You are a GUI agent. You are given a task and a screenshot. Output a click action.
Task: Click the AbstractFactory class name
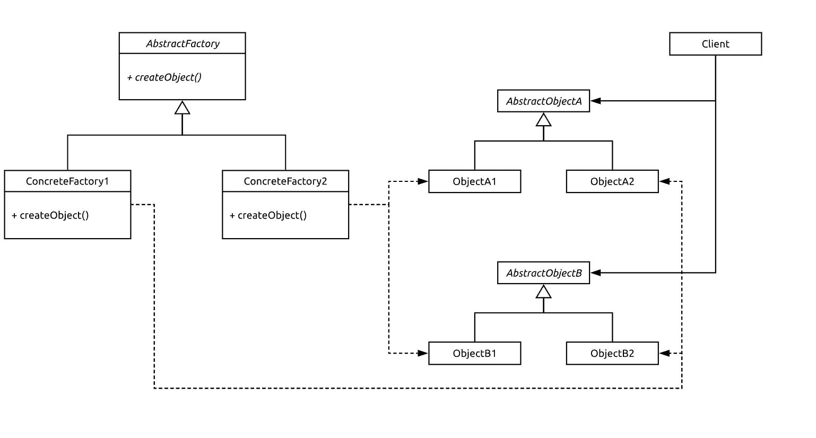pos(183,43)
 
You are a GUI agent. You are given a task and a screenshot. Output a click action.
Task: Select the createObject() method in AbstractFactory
pos(164,77)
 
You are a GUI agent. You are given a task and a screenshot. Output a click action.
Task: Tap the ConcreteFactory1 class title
pos(67,181)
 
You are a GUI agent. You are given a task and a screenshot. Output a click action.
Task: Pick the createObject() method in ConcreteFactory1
pos(50,215)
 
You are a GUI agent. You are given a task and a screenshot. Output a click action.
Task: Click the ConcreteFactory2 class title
pos(285,181)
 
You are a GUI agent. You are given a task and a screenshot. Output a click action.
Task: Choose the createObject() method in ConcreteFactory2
pos(268,215)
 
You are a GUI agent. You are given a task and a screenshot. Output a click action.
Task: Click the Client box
pos(715,44)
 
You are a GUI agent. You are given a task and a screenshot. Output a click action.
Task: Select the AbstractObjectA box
pos(543,101)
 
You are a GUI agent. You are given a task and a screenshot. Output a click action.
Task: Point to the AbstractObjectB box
pos(543,273)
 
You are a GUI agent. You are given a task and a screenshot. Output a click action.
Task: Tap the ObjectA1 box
pos(474,181)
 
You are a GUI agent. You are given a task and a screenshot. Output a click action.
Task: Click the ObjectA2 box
pos(612,181)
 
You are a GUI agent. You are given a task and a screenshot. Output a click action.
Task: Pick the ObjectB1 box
pos(474,353)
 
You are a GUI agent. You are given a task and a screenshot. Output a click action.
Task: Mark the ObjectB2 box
pos(612,353)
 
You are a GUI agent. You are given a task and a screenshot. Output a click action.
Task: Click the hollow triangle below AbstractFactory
pos(183,108)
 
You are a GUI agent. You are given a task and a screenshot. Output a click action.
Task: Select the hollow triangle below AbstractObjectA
pos(543,120)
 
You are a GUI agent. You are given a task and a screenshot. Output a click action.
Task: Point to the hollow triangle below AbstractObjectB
pos(543,292)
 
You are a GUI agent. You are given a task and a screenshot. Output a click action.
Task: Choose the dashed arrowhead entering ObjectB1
pos(423,353)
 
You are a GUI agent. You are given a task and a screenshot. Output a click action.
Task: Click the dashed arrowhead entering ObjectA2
pos(664,181)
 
